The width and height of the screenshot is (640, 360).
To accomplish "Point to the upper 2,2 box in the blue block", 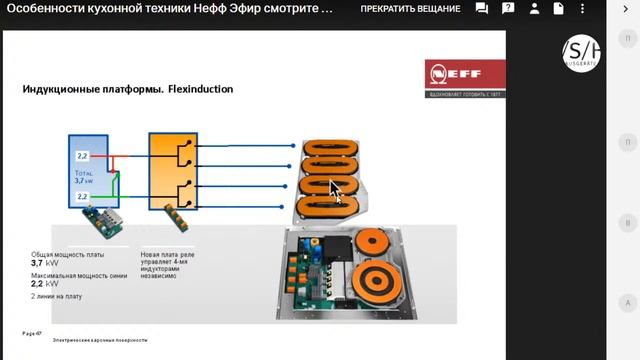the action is point(82,158).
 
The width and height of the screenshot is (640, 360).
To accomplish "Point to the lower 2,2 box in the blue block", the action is point(82,197).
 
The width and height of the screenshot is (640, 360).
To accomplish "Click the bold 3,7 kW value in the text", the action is point(44,264).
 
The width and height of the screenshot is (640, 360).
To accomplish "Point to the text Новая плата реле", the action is point(165,255).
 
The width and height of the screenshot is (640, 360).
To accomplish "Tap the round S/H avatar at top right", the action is point(580,52).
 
